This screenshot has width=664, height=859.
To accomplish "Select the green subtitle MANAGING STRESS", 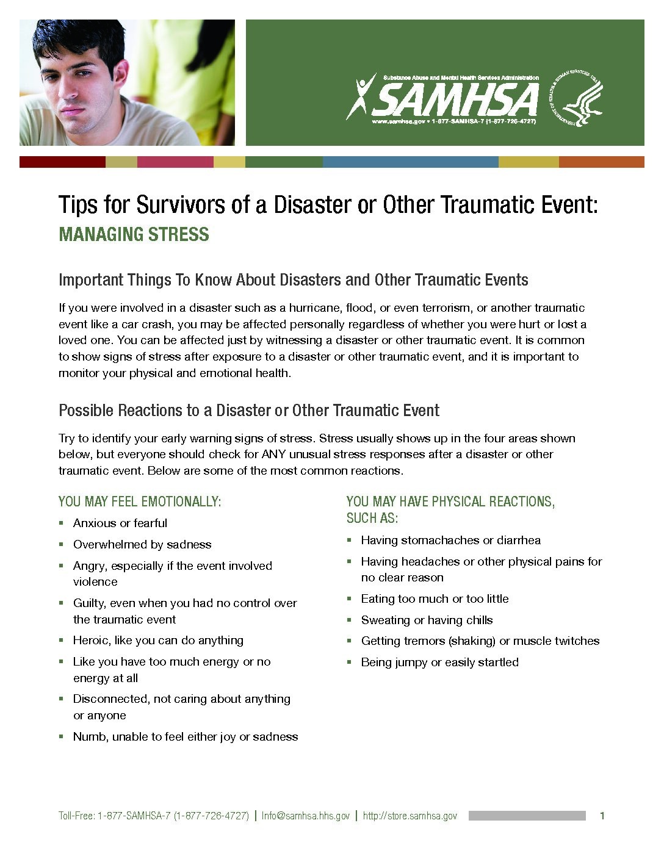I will tap(134, 234).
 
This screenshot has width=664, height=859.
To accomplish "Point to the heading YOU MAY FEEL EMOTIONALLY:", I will tap(140, 501).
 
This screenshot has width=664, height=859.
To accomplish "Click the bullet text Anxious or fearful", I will tap(120, 523).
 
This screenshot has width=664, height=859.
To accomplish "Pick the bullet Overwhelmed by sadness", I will tap(142, 544).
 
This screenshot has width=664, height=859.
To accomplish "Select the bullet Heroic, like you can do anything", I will tap(158, 640).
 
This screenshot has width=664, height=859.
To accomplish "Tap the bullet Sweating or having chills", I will tap(427, 620).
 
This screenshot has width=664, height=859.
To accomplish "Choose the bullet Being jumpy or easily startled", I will tap(439, 662).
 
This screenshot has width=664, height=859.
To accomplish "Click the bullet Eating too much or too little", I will tap(435, 598).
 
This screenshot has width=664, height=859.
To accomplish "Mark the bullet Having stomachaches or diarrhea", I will tap(450, 540).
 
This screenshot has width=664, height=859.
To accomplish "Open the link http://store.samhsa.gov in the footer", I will tap(410, 816).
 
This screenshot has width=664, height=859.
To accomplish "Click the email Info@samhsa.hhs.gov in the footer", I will tap(305, 816).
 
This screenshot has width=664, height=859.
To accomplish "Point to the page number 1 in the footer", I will tap(602, 816).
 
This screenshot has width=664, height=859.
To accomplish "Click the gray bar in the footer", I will tap(527, 816).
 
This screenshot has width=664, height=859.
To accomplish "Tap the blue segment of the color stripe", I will tap(410, 162).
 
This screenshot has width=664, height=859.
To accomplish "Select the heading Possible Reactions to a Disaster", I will tap(248, 411).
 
